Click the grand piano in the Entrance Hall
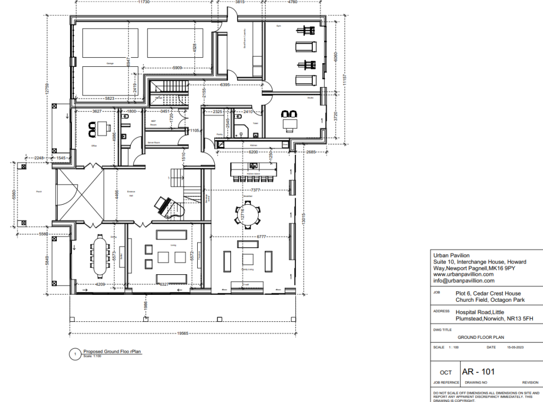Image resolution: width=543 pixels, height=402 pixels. click(x=162, y=204)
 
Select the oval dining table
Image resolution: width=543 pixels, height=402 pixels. click(x=100, y=257)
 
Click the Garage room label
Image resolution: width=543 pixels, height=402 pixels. click(x=110, y=64)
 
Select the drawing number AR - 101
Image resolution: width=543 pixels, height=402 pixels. click(x=479, y=371)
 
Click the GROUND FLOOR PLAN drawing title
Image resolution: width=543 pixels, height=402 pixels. click(x=480, y=337)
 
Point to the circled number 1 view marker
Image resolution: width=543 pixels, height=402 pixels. click(x=76, y=353)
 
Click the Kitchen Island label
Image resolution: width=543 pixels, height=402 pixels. click(x=253, y=174)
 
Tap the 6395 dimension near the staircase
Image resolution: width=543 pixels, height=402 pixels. click(x=225, y=85)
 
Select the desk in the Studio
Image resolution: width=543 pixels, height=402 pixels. click(x=290, y=124)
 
